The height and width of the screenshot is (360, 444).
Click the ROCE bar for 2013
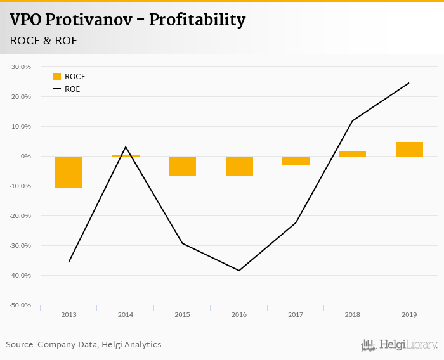click(69, 172)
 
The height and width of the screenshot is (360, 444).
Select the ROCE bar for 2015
click(182, 166)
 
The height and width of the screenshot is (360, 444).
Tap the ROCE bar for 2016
click(239, 166)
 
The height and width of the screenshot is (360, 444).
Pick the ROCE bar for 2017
click(296, 161)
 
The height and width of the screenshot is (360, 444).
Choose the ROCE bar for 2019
click(409, 149)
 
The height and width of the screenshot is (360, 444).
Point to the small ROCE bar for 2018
click(353, 154)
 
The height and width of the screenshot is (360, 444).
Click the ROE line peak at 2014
click(126, 147)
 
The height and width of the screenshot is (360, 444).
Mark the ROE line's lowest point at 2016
click(239, 271)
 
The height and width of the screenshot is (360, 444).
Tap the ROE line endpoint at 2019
click(409, 83)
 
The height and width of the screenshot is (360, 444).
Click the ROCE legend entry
click(69, 77)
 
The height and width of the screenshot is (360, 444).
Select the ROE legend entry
click(67, 89)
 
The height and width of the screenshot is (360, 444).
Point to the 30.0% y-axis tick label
click(21, 67)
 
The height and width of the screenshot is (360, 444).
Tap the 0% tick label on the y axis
click(25, 156)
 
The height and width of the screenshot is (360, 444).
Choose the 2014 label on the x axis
click(126, 315)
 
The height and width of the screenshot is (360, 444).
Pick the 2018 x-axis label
click(353, 315)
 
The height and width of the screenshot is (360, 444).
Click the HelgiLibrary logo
click(399, 345)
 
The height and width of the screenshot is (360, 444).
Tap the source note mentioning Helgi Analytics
click(84, 345)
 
